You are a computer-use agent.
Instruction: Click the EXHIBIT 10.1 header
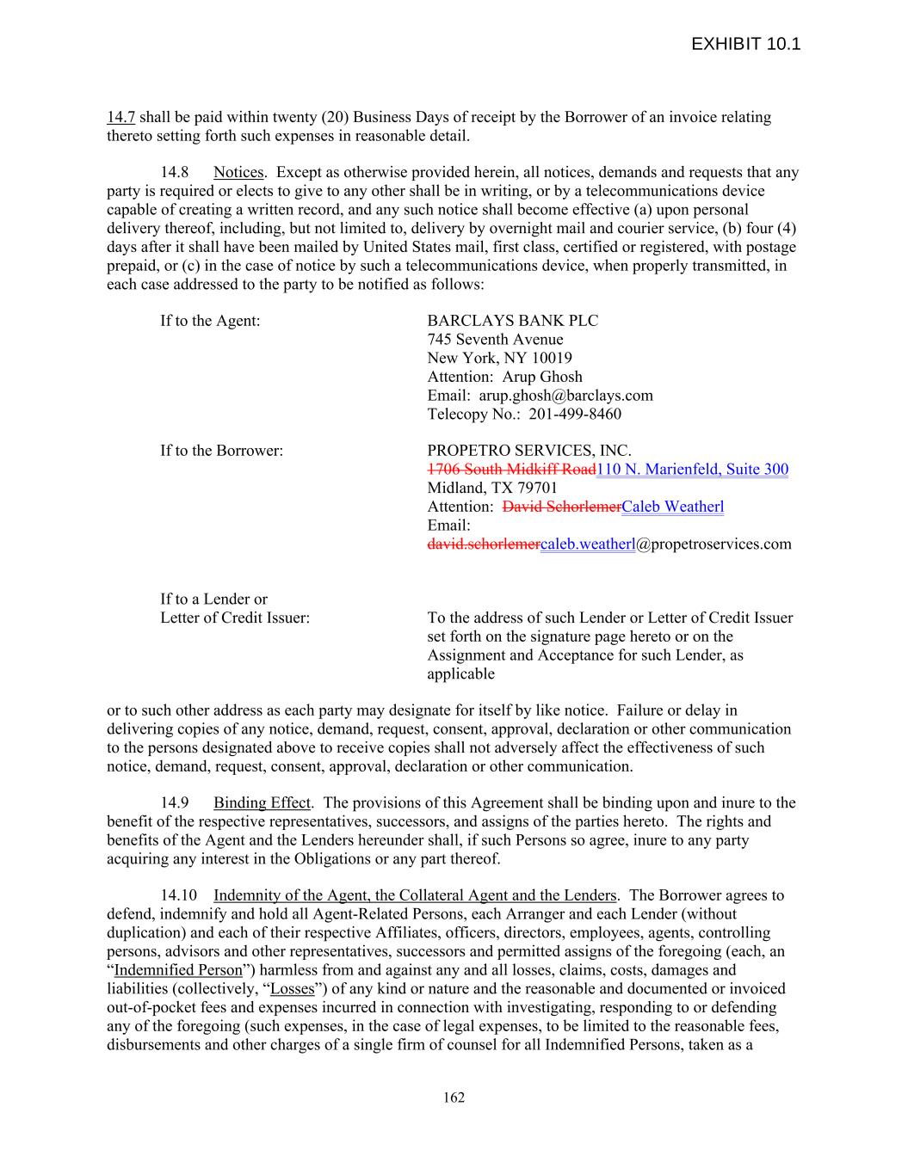coord(745,44)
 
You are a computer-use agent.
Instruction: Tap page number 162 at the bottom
coord(454,1097)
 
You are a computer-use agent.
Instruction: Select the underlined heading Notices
coord(238,172)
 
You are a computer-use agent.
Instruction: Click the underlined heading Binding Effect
coord(262,802)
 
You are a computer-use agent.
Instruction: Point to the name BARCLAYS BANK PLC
coord(512,321)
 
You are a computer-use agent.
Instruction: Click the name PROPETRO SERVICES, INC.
coord(528,451)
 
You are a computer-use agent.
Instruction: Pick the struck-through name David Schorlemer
coord(561,507)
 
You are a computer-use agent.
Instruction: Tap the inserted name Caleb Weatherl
coord(672,507)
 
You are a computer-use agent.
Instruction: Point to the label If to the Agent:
coord(210,321)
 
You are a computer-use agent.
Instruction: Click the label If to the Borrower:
coord(221,451)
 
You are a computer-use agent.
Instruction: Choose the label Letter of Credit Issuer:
coord(235,618)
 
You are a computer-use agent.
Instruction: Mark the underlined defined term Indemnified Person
coord(178,970)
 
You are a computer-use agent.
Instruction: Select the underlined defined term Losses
coord(292,989)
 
